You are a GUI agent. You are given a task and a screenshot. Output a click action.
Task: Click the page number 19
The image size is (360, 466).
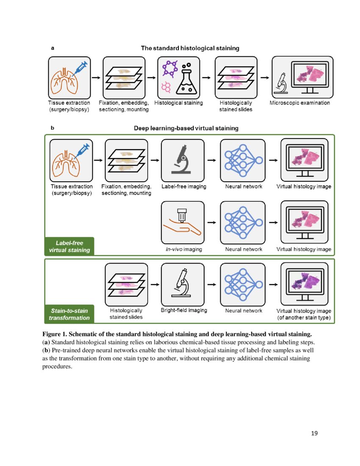click(314, 433)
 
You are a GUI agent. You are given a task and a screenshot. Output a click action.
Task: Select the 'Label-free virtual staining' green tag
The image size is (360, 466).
click(69, 247)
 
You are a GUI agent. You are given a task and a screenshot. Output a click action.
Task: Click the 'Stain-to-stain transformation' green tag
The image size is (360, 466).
click(69, 314)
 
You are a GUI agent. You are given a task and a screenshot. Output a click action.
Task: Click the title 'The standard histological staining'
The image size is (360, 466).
click(190, 48)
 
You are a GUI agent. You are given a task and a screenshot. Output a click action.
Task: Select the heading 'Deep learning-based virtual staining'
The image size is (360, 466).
click(186, 128)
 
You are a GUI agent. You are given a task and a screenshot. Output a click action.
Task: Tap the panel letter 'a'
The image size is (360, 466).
click(52, 48)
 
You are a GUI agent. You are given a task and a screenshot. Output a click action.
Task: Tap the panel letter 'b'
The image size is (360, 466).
click(52, 127)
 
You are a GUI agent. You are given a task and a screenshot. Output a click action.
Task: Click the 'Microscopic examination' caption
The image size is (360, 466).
click(300, 103)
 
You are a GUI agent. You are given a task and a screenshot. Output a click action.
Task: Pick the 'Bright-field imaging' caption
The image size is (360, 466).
click(184, 310)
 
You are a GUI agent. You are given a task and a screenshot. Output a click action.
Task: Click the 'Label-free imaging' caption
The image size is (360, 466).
click(184, 186)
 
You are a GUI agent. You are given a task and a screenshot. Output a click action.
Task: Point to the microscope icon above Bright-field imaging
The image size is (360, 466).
click(183, 284)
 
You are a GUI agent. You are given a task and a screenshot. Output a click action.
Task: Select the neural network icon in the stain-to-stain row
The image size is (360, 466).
click(243, 284)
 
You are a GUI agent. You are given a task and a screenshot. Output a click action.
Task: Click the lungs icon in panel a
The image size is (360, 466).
click(64, 80)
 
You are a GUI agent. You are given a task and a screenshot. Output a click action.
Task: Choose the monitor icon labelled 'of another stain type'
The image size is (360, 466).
click(305, 283)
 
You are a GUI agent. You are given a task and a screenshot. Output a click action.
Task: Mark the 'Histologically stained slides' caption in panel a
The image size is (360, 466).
click(236, 106)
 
